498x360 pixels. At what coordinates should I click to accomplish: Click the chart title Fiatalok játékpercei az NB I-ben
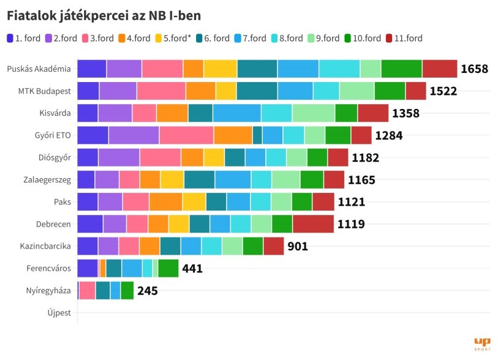(x=104, y=14)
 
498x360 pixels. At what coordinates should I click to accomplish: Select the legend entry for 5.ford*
(x=172, y=39)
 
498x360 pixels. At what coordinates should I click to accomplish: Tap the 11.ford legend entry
(x=404, y=39)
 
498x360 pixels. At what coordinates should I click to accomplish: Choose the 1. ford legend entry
(x=23, y=39)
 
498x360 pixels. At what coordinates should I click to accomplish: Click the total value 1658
(x=474, y=69)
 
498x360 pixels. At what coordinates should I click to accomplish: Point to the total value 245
(x=147, y=291)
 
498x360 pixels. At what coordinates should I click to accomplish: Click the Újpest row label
(x=59, y=313)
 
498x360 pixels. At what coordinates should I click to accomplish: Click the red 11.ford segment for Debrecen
(x=313, y=224)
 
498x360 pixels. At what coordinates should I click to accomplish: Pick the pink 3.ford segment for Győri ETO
(x=186, y=135)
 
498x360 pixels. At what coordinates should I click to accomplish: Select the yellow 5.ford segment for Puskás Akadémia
(x=221, y=69)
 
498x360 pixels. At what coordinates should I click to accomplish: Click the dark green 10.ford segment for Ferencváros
(x=168, y=268)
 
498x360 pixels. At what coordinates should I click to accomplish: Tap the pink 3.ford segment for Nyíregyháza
(x=87, y=291)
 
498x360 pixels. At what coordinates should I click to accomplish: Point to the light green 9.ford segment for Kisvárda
(x=313, y=113)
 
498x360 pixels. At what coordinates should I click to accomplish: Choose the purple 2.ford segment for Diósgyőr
(x=119, y=157)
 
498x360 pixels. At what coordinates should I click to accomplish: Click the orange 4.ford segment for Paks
(x=165, y=202)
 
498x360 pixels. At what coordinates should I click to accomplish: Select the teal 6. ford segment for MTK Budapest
(x=257, y=91)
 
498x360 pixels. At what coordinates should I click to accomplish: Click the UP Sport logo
(x=482, y=343)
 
